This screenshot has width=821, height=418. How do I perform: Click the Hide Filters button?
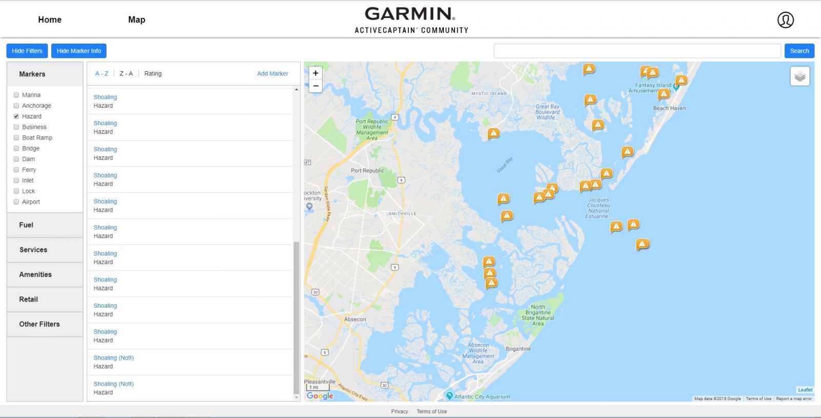[x=27, y=51]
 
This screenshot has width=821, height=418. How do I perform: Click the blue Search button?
[x=799, y=51]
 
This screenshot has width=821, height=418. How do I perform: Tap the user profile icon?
[x=785, y=20]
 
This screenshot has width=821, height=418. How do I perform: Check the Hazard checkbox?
[x=16, y=116]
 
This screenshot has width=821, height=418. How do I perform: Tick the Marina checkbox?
[x=16, y=95]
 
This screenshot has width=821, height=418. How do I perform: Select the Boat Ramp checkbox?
[x=16, y=138]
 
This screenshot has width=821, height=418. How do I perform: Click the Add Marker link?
[x=272, y=74]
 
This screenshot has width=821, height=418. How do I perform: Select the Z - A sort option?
[x=126, y=74]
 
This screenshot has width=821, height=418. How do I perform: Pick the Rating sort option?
[x=153, y=74]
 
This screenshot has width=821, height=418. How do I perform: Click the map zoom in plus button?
[x=316, y=73]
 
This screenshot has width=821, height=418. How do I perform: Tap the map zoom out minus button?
[x=316, y=86]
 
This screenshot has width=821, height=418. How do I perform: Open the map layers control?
[x=799, y=77]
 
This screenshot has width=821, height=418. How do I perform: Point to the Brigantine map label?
[x=518, y=349]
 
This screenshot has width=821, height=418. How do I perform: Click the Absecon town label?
[x=355, y=319]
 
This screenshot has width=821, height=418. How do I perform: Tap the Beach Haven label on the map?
[x=669, y=108]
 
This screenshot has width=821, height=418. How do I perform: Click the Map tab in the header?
[x=136, y=19]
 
